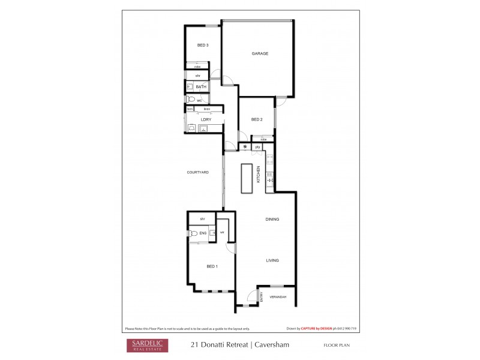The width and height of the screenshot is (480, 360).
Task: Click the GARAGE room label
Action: coord(260,53)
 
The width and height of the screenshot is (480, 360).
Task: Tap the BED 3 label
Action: coord(203,46)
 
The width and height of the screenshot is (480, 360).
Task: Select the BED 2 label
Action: coord(257,120)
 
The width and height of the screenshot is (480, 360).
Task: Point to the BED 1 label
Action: coord(212,266)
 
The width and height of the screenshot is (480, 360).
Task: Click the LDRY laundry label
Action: coord(206,120)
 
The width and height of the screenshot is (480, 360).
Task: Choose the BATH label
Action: coord(201,87)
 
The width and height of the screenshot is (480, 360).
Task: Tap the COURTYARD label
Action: coord(197,172)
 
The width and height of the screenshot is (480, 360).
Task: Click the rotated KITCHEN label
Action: coord(259,175)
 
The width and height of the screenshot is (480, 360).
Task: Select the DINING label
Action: coord(272,219)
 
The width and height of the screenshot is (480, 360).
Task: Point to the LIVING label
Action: coord(272,260)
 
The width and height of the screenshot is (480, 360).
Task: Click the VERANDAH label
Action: coord(277,297)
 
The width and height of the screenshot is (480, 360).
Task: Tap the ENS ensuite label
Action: coord(203,233)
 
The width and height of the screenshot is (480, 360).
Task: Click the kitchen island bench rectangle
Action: coord(247,178)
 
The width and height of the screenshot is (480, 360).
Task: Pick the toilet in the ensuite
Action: coord(193,233)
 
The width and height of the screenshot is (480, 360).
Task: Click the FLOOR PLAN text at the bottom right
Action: coord(336,345)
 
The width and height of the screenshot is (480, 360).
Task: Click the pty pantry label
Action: coord(257,147)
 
